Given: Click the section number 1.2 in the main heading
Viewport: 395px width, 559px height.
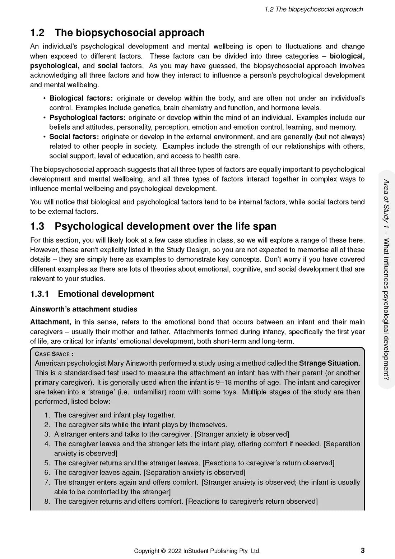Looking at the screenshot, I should tap(37, 33).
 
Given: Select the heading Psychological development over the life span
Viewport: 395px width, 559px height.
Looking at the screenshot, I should tap(166, 226).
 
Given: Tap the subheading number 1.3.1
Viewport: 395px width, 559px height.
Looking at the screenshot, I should tap(39, 294).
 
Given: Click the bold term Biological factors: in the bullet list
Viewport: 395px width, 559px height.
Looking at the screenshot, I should tap(81, 98).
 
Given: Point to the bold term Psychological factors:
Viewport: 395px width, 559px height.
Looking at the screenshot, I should tap(88, 118).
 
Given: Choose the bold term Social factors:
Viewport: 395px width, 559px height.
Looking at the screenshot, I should tap(74, 137).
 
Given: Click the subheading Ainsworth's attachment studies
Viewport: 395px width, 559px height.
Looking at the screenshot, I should tap(84, 309).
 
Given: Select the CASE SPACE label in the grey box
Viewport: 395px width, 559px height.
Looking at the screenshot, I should tap(54, 354).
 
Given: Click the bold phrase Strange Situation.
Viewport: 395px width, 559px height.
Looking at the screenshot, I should tap(329, 364).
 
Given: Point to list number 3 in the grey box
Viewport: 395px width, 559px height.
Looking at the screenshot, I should tap(47, 434).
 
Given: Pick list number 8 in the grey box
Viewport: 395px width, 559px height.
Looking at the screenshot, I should tap(47, 502).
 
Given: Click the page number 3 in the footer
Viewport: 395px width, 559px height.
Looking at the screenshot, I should tap(363, 550).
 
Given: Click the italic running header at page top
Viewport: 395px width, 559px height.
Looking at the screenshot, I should tap(314, 9).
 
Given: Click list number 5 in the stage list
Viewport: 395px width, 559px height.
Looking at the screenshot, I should tap(47, 463).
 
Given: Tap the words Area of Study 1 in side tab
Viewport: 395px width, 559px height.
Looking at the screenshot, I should tap(386, 203).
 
